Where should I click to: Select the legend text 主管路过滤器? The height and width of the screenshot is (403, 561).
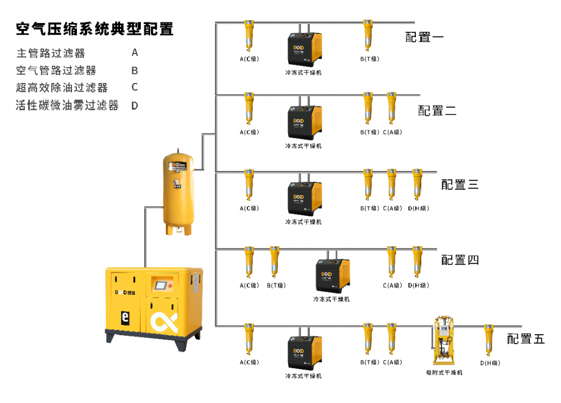coord(51,54)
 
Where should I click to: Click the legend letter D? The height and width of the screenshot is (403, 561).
coord(134,106)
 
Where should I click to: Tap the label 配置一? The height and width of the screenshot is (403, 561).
coord(424,38)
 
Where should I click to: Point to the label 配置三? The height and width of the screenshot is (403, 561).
coord(459,185)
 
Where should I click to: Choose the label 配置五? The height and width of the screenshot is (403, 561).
coord(526,339)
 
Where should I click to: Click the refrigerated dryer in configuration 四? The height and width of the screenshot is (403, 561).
coord(333,276)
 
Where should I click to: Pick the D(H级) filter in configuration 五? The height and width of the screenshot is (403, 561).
coord(489,340)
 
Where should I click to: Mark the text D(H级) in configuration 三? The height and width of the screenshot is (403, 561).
coord(419,209)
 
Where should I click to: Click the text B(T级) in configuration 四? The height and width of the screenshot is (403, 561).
coord(276,286)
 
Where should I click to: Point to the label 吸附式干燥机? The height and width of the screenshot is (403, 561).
coord(444,372)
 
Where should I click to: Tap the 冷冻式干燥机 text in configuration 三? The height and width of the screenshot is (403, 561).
coord(303,222)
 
